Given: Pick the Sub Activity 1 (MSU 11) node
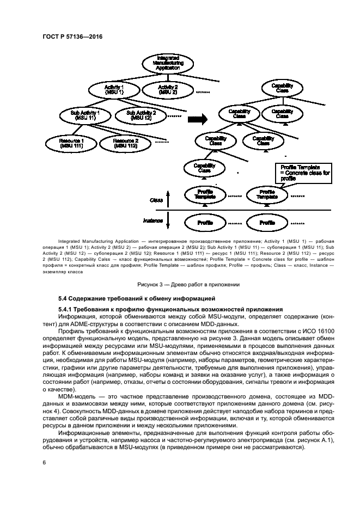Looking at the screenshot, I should click(86, 115).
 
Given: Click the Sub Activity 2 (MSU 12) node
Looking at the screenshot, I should click(141, 115).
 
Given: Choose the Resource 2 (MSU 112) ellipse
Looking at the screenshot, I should click(126, 143).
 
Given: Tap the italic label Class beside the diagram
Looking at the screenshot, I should click(156, 200).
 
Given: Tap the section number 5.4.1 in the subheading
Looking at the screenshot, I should click(67, 309).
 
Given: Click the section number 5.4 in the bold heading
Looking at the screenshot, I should click(64, 298).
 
